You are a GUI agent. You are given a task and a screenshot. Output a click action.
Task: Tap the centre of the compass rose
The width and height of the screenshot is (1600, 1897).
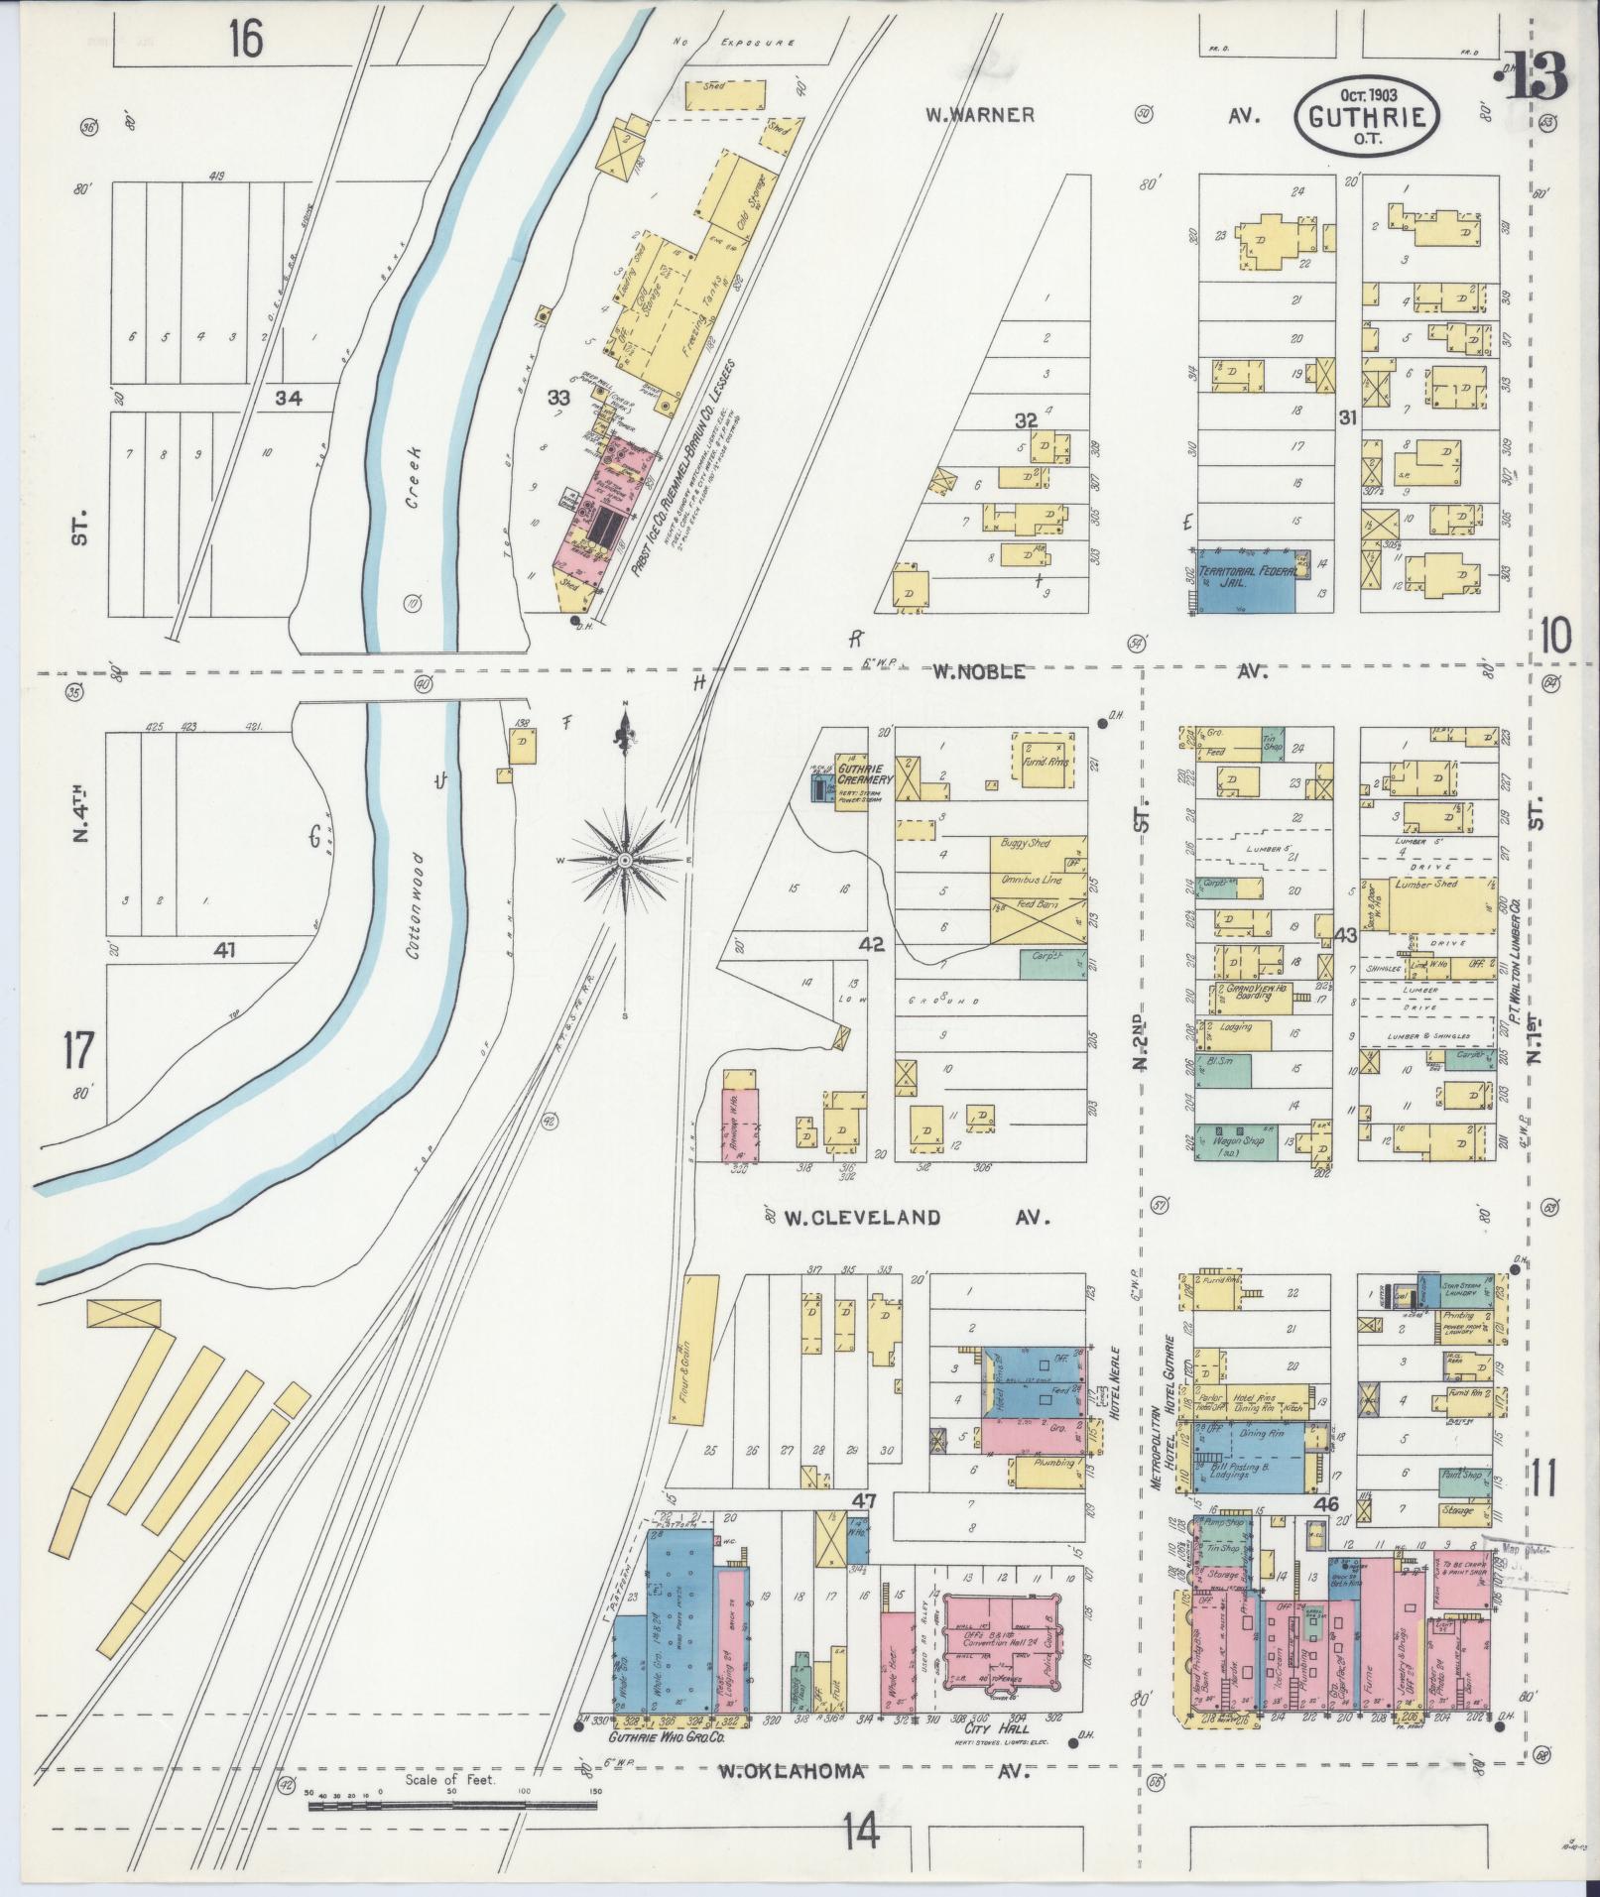(x=625, y=861)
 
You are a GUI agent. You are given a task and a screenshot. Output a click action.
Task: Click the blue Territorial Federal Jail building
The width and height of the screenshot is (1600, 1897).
(x=1245, y=582)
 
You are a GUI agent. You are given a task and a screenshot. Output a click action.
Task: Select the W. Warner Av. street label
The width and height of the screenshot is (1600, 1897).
(x=980, y=115)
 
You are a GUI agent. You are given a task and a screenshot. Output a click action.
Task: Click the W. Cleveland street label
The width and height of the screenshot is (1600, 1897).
(x=851, y=1217)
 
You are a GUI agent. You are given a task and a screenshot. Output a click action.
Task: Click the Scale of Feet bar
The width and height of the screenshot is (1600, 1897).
(x=452, y=1807)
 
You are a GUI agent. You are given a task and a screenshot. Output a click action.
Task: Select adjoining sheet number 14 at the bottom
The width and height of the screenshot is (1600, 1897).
(x=861, y=1832)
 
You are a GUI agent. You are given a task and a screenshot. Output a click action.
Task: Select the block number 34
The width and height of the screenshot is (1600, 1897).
(x=290, y=399)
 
